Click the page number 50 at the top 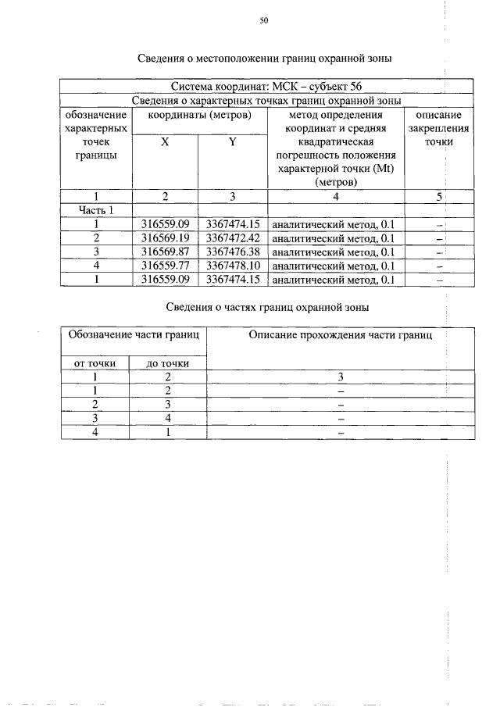point(263,21)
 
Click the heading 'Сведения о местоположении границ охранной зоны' point(264,59)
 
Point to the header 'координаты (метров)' point(199,115)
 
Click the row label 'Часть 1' point(96,210)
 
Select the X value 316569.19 point(166,237)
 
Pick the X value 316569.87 point(166,252)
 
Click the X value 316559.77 point(166,265)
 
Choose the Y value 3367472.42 point(233,237)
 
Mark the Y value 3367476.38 point(233,252)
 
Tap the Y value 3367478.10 point(233,265)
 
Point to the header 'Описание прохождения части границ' point(340,335)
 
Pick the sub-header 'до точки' point(167,363)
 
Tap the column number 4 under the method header point(335,196)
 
